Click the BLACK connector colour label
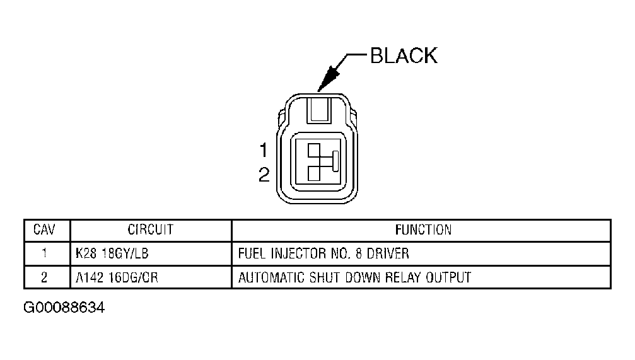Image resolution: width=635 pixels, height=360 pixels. (403, 55)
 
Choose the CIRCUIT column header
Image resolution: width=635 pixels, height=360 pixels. (150, 229)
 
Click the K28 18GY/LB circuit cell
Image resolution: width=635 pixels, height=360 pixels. (111, 254)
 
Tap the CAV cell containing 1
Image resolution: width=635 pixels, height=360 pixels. (45, 254)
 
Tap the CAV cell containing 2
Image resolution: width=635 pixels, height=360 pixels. (45, 277)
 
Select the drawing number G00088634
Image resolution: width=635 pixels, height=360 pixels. (64, 308)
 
